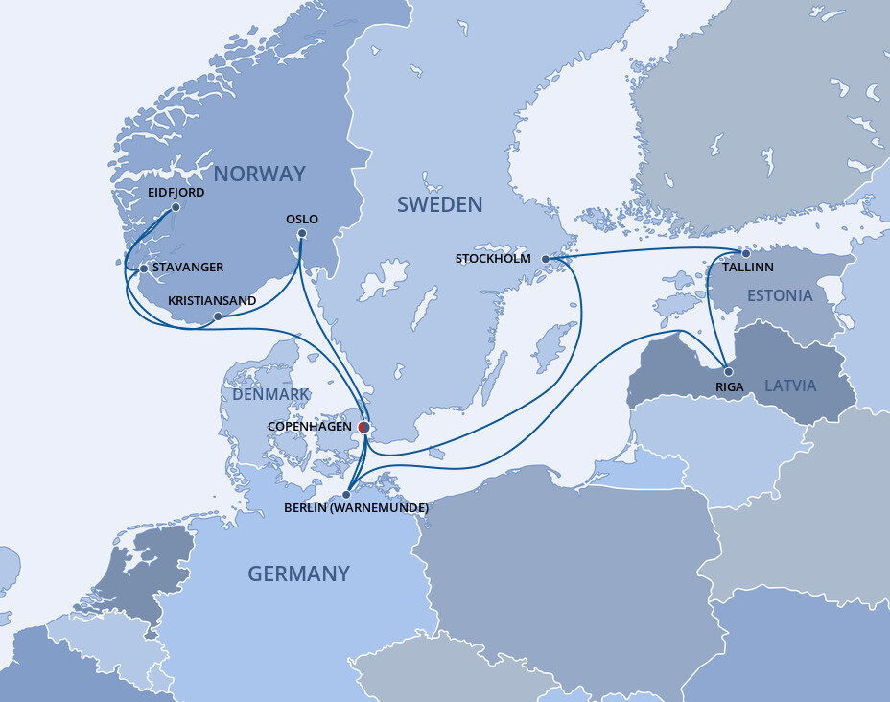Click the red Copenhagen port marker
363,428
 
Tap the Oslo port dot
302,233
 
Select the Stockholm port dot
546,259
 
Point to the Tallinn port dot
745,254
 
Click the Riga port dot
728,372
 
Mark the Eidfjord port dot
175,206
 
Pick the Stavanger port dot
144,269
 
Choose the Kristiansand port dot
219,316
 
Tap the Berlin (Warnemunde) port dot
346,495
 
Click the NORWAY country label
259,174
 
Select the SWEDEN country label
439,204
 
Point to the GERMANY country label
298,573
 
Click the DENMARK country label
269,394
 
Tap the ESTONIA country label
780,295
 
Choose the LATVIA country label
790,386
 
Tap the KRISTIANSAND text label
212,301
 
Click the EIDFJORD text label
176,192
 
